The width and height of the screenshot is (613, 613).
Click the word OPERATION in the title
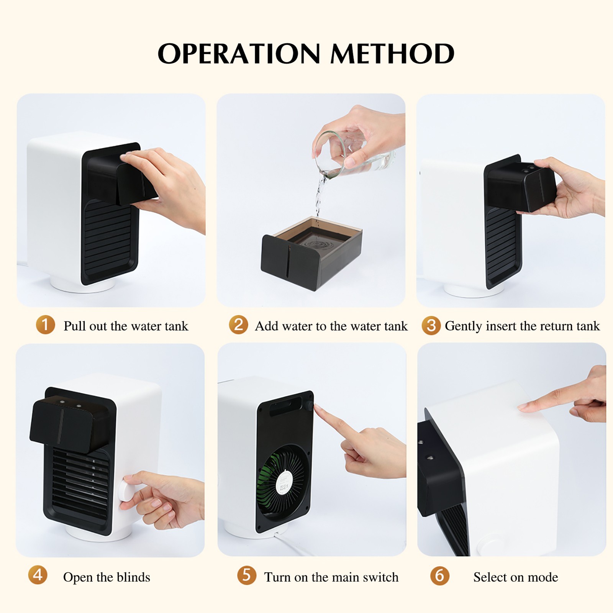(x=239, y=53)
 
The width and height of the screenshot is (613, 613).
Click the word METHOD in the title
(x=392, y=53)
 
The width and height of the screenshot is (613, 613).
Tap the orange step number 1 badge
(x=45, y=325)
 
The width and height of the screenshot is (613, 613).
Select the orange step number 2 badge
(x=238, y=325)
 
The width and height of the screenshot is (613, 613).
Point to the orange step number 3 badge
(x=431, y=325)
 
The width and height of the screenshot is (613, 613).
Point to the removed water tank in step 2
(x=311, y=253)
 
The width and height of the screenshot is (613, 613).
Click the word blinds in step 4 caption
(x=132, y=577)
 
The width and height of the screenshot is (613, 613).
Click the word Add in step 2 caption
(x=266, y=326)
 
